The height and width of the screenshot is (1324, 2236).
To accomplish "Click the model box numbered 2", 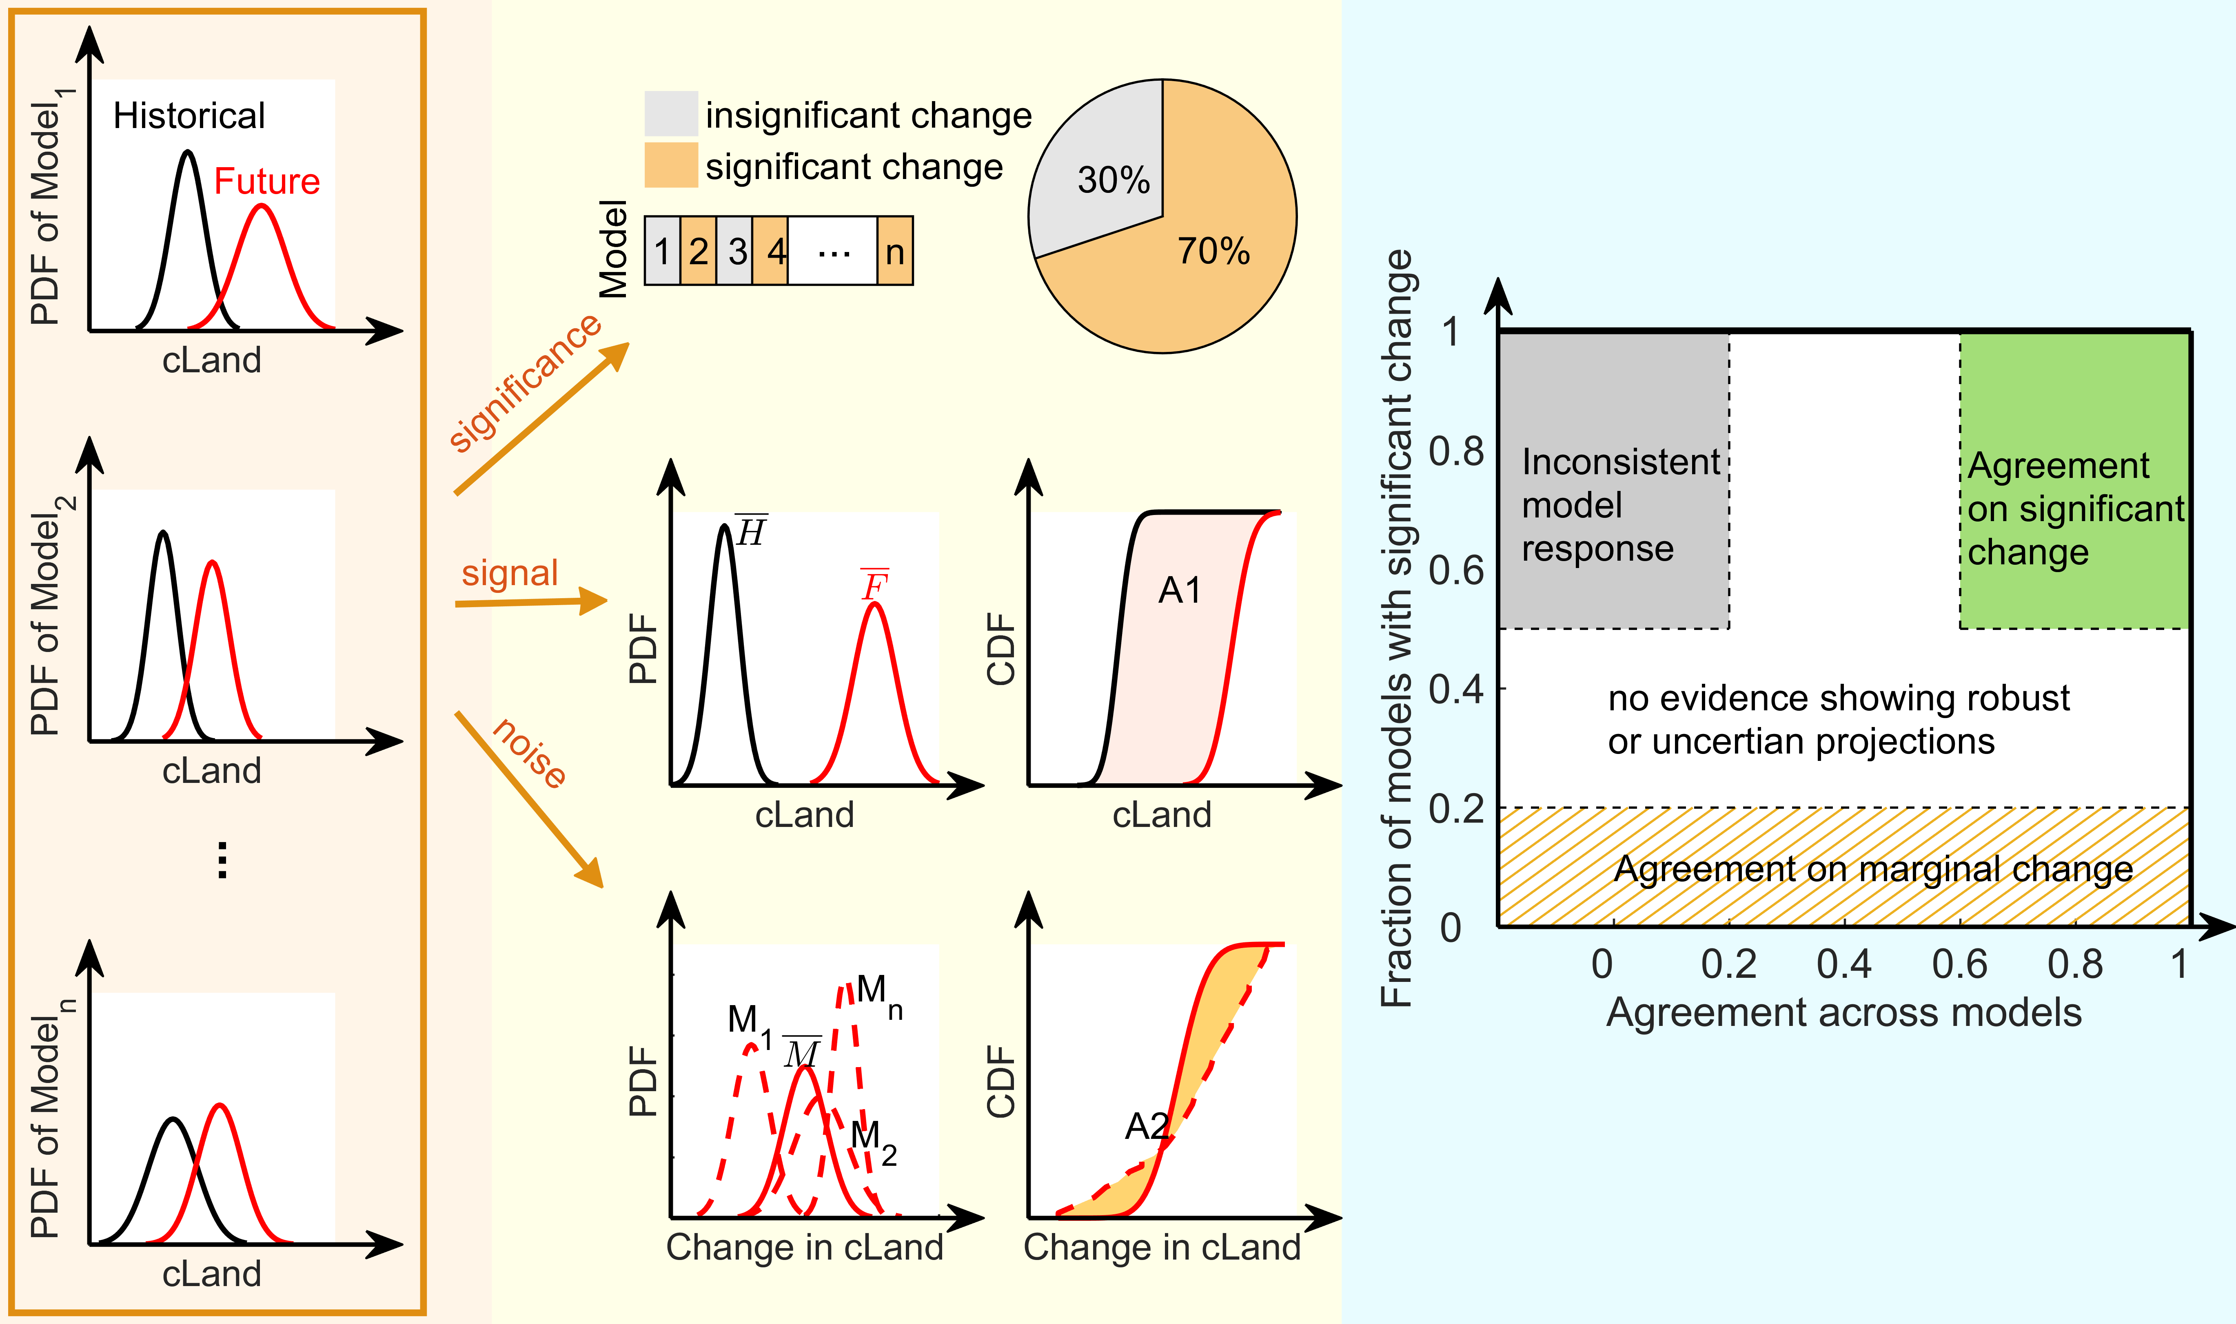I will (x=698, y=251).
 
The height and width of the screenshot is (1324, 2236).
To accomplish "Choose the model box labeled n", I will (x=894, y=251).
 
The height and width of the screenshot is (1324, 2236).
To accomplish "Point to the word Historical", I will (x=189, y=116).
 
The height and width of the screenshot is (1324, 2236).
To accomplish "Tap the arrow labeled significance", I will (x=540, y=419).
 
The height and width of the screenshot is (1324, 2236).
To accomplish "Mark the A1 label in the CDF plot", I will (x=1179, y=590).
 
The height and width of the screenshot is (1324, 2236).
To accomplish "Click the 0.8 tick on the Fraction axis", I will (x=1456, y=451).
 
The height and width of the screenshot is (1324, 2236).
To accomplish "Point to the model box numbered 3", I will (x=736, y=251).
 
